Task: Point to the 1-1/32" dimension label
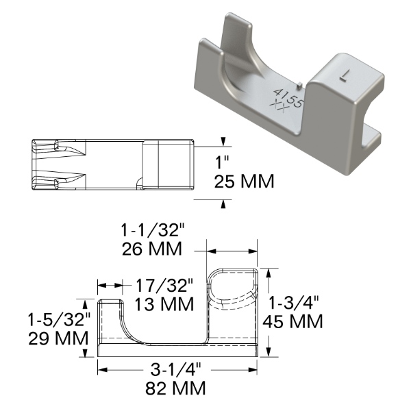point(151,230)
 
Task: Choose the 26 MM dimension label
point(151,248)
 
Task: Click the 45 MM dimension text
point(296,320)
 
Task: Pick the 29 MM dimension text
point(58,338)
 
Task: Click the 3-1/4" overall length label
point(177,371)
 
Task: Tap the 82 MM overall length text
point(177,388)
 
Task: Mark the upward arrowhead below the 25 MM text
point(223,203)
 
